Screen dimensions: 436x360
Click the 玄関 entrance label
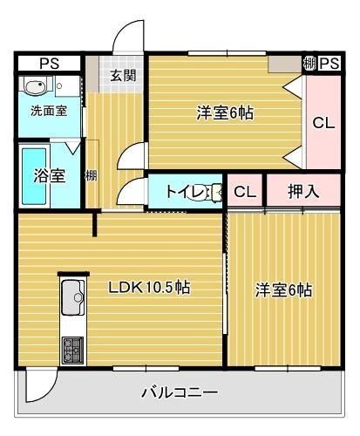tap(122, 75)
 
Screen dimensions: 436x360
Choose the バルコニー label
tap(180, 392)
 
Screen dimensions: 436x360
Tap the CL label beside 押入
tap(245, 192)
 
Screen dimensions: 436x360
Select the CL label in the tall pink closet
tap(323, 123)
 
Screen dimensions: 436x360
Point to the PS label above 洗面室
tap(50, 63)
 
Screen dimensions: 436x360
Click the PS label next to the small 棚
tap(329, 63)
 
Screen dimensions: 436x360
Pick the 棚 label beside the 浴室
tap(91, 175)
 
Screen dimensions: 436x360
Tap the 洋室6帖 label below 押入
tap(283, 290)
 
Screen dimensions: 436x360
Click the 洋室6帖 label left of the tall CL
tap(225, 112)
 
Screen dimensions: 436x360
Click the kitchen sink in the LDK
tap(73, 301)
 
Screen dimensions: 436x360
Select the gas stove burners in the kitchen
tap(71, 351)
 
